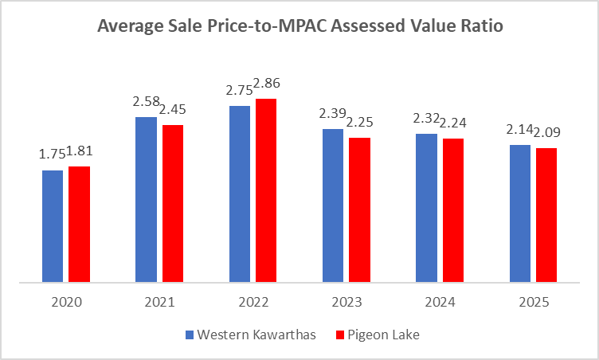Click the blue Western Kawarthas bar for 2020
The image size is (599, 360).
[53, 226]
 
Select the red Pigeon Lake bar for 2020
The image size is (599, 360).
[79, 224]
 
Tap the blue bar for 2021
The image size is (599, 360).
[146, 199]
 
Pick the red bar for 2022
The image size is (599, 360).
[265, 190]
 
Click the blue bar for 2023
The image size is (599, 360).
[333, 205]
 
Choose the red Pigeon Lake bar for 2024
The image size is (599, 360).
[453, 210]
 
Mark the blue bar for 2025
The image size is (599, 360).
[520, 213]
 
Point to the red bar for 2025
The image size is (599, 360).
[546, 215]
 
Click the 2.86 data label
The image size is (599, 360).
[267, 84]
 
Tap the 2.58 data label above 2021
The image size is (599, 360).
[146, 102]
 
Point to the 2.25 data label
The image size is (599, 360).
[361, 123]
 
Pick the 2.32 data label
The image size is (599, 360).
[426, 119]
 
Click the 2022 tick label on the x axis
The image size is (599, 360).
[253, 302]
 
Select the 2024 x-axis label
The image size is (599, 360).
[440, 302]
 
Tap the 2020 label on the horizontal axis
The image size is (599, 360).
[65, 302]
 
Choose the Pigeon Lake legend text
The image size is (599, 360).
[386, 335]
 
